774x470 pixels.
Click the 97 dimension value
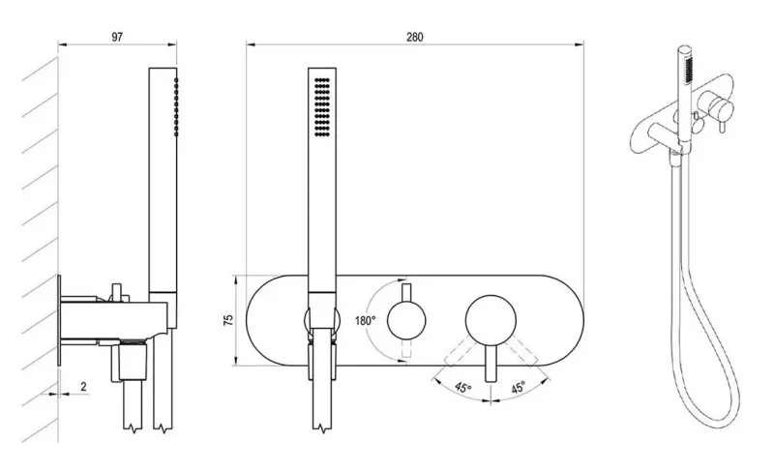click(x=117, y=37)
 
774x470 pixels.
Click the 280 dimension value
click(x=415, y=37)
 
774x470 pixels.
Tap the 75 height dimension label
click(x=228, y=320)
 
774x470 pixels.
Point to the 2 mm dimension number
click(x=83, y=387)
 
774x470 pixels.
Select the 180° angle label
click(x=365, y=320)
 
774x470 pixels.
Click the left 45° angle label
click(x=463, y=387)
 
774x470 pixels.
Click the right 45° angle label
click(x=518, y=387)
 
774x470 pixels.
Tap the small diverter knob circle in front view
click(x=406, y=321)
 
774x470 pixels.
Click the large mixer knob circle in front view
click(x=491, y=321)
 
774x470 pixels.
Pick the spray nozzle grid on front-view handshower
click(x=322, y=106)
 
